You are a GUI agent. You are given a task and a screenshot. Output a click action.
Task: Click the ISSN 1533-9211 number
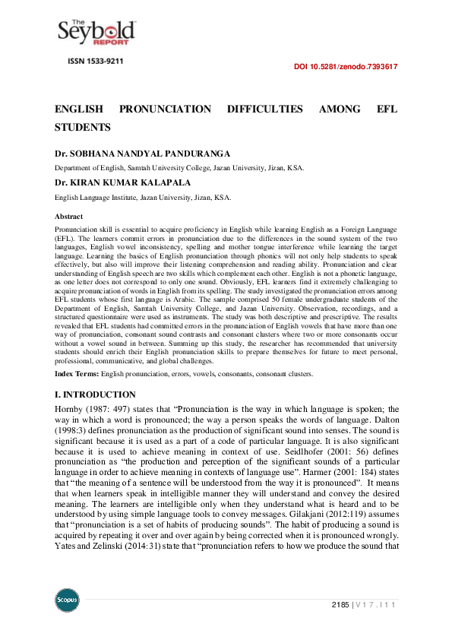[96, 60]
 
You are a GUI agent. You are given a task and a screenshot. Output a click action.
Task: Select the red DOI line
[346, 67]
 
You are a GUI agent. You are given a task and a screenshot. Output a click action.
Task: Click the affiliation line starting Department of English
[179, 168]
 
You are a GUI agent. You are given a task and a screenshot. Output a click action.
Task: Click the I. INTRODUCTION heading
[95, 394]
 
